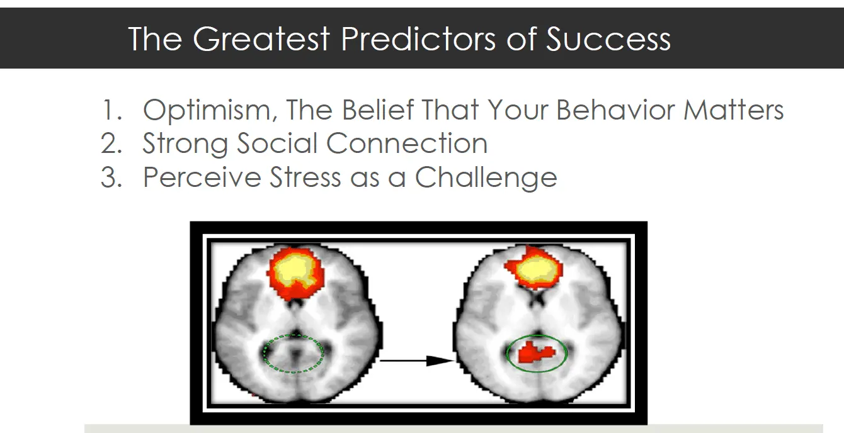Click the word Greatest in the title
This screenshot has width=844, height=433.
(261, 38)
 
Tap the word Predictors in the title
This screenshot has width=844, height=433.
(418, 38)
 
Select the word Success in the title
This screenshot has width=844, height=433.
(608, 38)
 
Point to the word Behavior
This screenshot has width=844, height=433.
(615, 110)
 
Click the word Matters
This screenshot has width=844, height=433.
(734, 110)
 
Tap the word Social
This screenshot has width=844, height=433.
(277, 143)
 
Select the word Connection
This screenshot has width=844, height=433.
(407, 143)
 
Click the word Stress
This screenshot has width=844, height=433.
(305, 177)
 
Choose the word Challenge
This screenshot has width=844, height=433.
(486, 177)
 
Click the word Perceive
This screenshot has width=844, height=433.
(202, 177)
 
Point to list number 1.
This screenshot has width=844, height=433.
(112, 110)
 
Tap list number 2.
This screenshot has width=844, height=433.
(111, 143)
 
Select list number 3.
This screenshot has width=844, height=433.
(111, 177)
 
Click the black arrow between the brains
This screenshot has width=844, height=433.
(418, 361)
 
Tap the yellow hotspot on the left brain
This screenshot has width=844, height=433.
(293, 271)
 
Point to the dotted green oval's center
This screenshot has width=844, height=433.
(294, 354)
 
